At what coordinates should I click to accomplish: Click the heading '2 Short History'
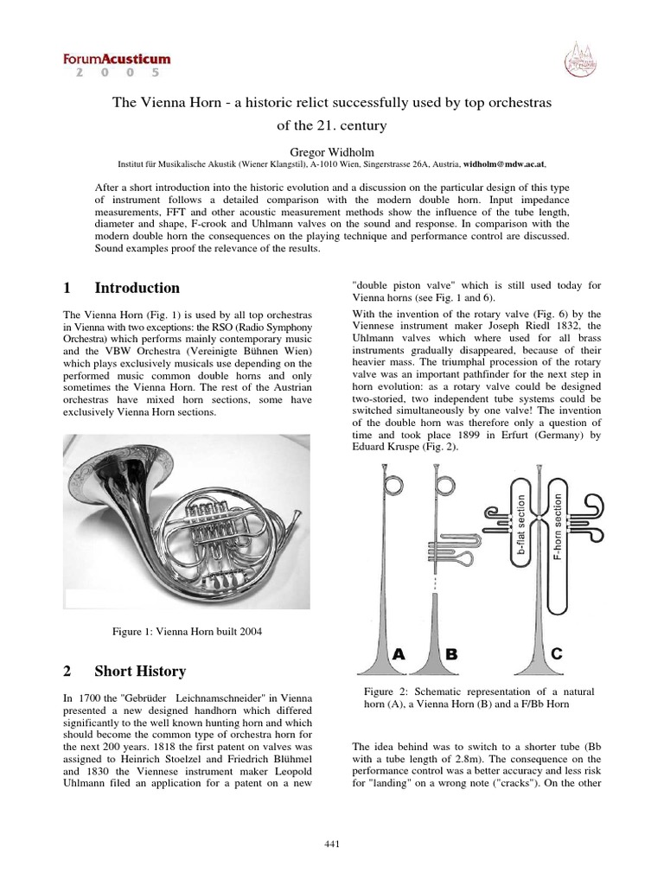[x=124, y=671]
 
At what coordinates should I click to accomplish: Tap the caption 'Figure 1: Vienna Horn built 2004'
[x=187, y=632]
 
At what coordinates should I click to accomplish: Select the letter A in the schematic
[x=399, y=654]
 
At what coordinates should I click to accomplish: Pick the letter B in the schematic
[x=450, y=654]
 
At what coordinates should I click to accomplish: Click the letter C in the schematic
[x=556, y=654]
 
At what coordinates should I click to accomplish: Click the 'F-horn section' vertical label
[x=558, y=528]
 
